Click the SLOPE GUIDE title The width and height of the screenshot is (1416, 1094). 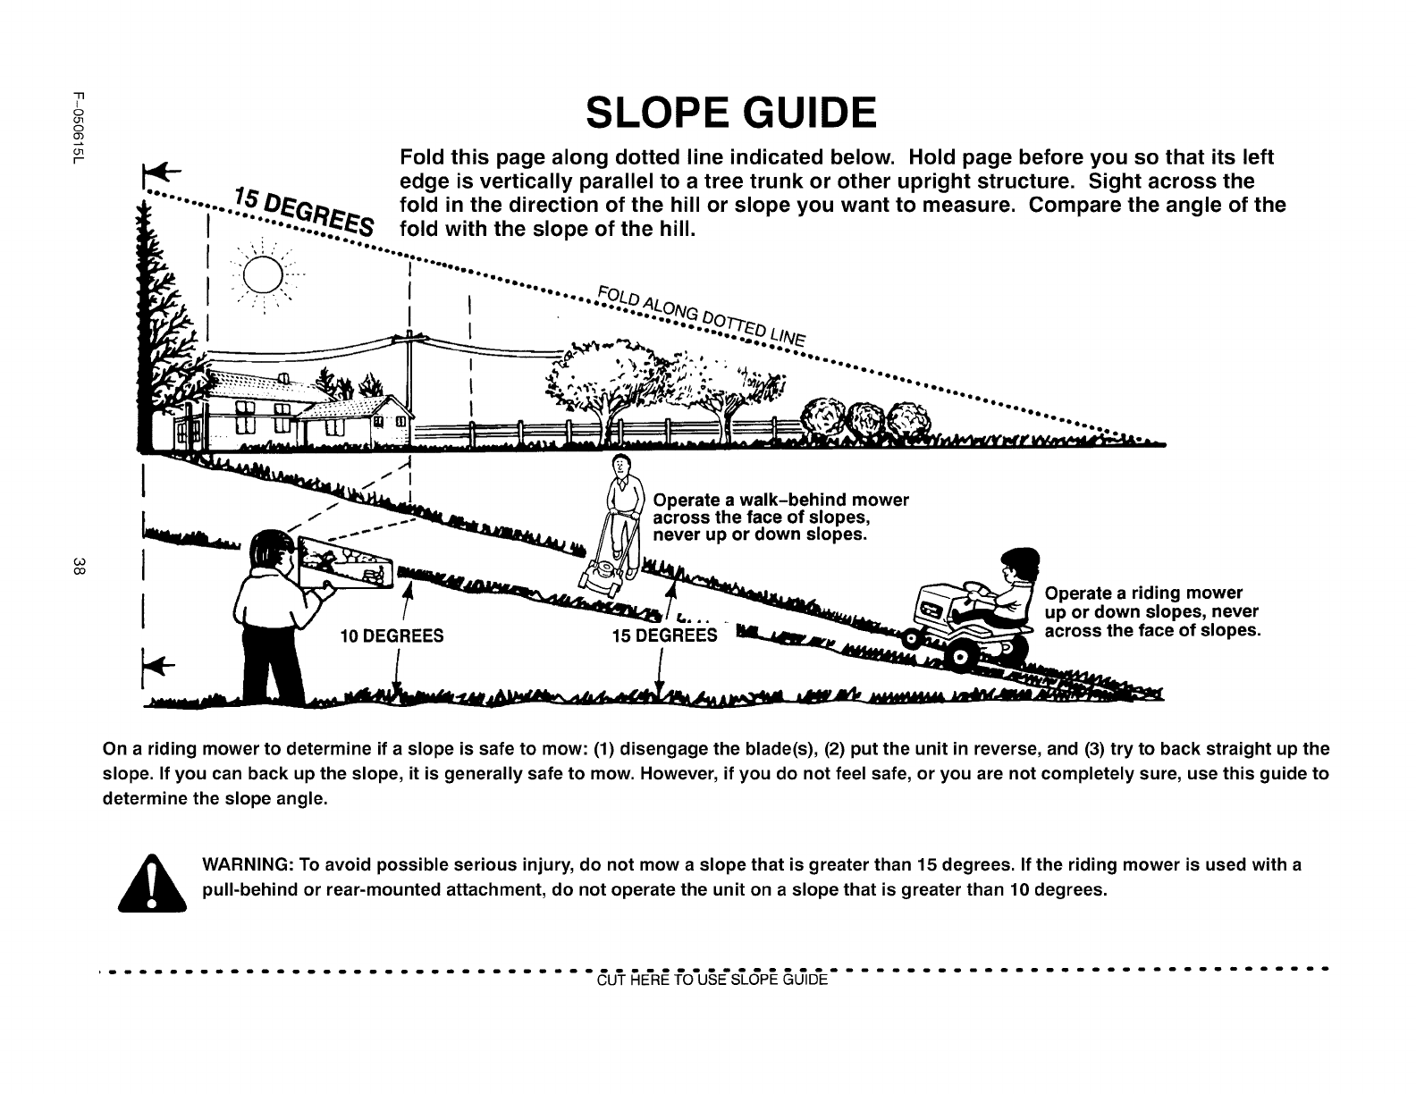point(730,114)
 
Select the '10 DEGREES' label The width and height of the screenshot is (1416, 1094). point(392,636)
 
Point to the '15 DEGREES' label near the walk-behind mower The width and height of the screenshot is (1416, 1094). point(665,636)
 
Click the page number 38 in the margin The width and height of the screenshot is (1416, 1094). point(80,565)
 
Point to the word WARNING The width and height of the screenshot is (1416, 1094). point(246,865)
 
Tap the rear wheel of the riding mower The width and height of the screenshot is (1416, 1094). point(960,660)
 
